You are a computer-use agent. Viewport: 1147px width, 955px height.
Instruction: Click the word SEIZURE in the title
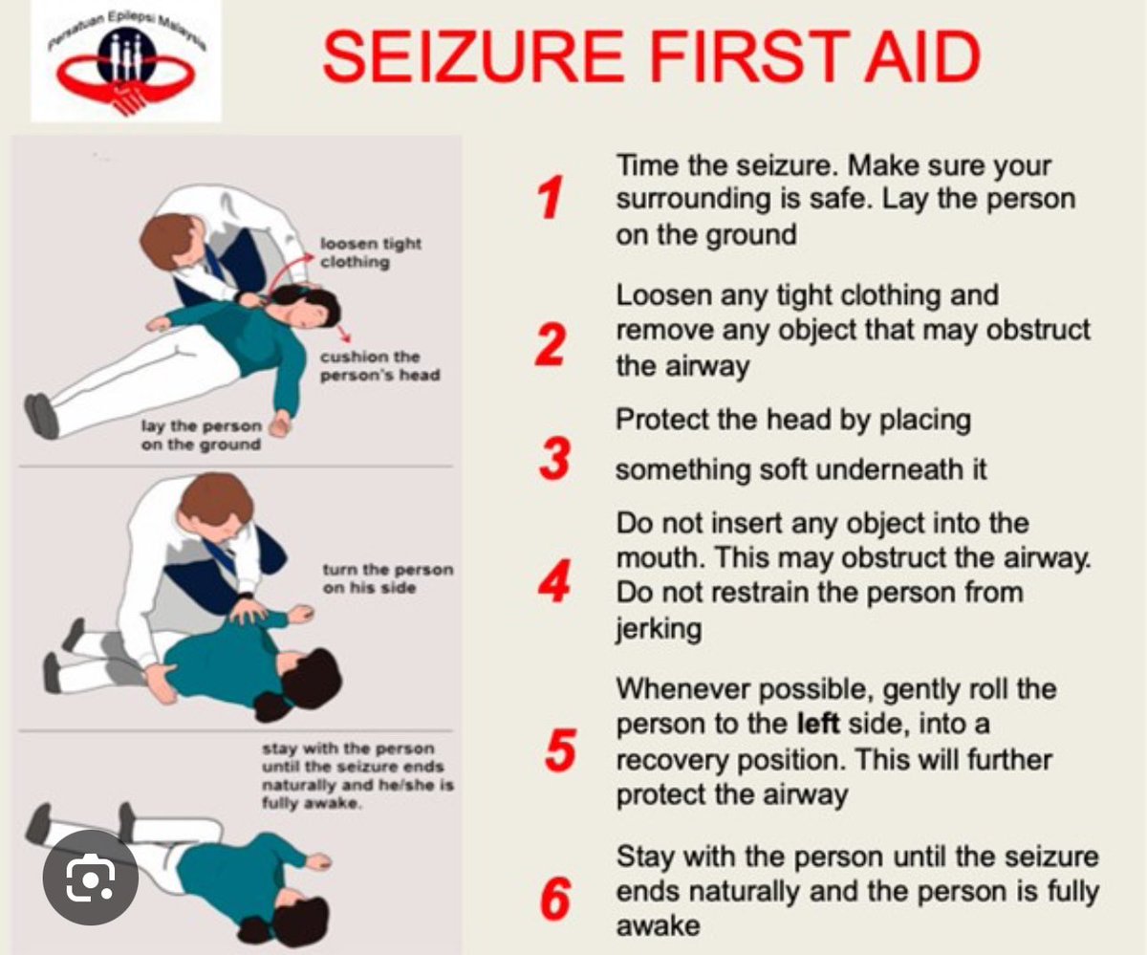(473, 57)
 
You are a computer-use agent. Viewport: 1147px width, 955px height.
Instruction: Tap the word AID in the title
(923, 57)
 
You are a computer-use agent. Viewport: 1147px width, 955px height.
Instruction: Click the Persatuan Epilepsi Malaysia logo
(126, 61)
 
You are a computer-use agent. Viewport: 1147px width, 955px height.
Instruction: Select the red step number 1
(551, 197)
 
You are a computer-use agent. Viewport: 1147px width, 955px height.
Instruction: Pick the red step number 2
(551, 344)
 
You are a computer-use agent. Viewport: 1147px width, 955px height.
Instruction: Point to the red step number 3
(554, 459)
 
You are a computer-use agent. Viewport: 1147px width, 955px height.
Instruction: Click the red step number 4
(553, 581)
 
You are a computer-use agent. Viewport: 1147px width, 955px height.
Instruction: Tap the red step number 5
(560, 750)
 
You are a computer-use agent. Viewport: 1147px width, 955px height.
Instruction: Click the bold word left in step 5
(818, 723)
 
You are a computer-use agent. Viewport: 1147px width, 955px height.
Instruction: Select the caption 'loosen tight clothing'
(371, 252)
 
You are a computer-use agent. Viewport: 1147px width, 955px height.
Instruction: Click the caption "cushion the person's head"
(380, 365)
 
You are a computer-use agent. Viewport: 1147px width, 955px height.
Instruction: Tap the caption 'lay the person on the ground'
(201, 435)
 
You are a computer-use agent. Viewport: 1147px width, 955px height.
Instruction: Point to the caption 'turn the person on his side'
(388, 578)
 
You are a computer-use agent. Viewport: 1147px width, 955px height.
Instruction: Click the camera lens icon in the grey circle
(91, 878)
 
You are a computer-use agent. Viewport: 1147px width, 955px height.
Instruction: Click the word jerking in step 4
(659, 629)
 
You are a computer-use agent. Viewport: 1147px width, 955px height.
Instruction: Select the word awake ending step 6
(659, 926)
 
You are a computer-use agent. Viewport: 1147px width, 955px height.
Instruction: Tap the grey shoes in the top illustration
(41, 416)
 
